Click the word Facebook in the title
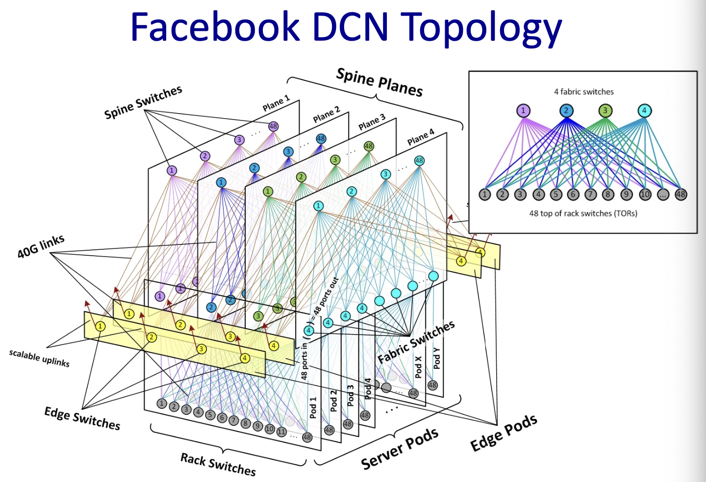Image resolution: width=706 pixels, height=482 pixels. coord(216,27)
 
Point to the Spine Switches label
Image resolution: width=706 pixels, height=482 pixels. coord(143,102)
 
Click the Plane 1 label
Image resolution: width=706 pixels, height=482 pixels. coord(276,103)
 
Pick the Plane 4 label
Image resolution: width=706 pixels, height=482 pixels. coord(421,137)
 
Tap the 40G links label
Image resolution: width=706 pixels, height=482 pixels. coord(41,246)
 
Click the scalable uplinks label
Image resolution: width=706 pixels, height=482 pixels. coord(39,358)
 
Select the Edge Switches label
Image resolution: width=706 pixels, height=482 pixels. coord(82,418)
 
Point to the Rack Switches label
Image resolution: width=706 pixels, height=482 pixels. coord(218,464)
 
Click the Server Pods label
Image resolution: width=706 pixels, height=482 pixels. coord(400,449)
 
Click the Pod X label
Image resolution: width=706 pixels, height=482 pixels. coord(418,366)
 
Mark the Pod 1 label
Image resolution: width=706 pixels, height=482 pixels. coord(313,408)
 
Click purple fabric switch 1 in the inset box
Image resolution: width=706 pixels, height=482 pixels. coord(523,111)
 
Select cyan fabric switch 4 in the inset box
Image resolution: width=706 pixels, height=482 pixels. coord(644,111)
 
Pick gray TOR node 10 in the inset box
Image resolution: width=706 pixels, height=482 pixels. coord(645,194)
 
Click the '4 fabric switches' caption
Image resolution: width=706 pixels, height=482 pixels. coord(583,92)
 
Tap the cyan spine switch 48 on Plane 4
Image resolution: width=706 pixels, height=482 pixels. coord(419,161)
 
